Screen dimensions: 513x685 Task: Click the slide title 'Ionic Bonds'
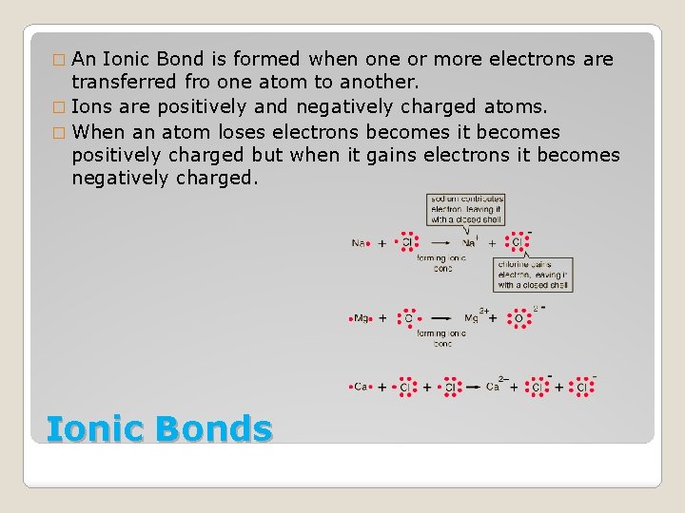pos(159,428)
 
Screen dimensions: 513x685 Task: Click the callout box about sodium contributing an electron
pos(465,209)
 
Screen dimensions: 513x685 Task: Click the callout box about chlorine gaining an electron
pos(533,274)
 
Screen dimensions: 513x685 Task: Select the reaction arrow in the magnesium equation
pos(440,318)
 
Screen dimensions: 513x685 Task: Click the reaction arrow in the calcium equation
pos(473,387)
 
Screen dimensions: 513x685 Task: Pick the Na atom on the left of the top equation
pos(360,243)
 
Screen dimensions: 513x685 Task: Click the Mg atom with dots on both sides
pos(362,318)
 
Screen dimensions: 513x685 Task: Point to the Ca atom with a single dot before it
pos(359,387)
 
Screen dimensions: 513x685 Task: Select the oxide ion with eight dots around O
pos(519,318)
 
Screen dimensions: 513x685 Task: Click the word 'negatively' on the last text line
pos(120,179)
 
